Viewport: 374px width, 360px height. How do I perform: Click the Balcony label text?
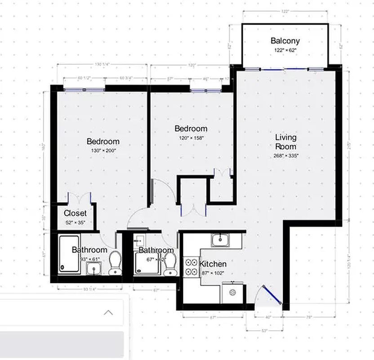point(285,41)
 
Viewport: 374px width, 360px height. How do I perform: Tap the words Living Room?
point(286,142)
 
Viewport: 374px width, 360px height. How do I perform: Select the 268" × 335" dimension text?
point(286,156)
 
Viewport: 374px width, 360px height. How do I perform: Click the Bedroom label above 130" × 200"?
point(103,141)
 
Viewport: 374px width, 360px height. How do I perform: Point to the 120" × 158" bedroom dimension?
point(191,138)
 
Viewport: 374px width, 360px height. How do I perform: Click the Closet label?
point(75,213)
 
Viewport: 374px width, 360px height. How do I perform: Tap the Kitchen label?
point(213,264)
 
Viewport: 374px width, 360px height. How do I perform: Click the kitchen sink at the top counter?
point(220,239)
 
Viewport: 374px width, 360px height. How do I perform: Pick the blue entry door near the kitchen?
point(272,295)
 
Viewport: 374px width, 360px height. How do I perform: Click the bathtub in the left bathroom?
point(70,255)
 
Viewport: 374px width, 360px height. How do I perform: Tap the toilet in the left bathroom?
point(116,263)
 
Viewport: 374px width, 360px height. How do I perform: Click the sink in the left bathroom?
point(94,269)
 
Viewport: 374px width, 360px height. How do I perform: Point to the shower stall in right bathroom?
point(147,263)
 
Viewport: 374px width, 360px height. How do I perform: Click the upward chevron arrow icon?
point(108,312)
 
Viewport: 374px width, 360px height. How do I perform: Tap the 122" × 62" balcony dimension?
point(285,51)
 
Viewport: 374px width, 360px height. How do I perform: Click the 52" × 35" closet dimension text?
point(75,222)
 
